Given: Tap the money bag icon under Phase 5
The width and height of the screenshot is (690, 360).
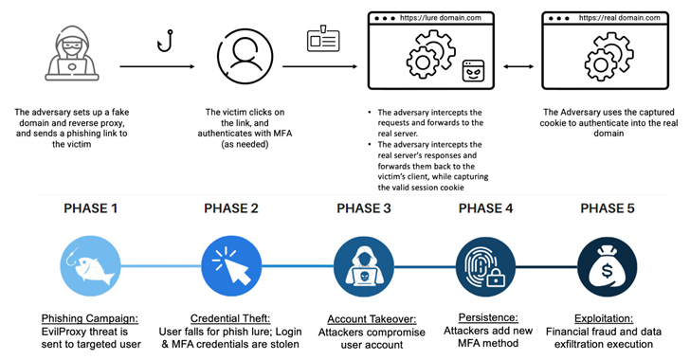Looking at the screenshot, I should click(x=608, y=266).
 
